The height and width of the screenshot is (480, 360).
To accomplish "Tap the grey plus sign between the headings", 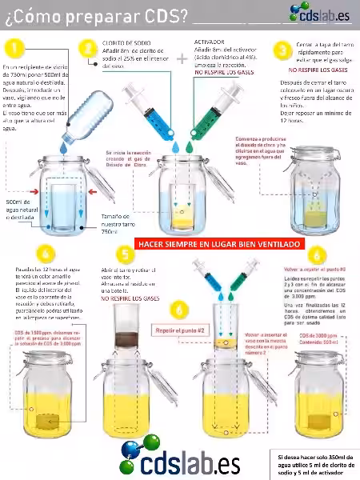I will [x=182, y=58].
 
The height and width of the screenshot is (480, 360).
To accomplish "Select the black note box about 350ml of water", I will [x=313, y=462].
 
